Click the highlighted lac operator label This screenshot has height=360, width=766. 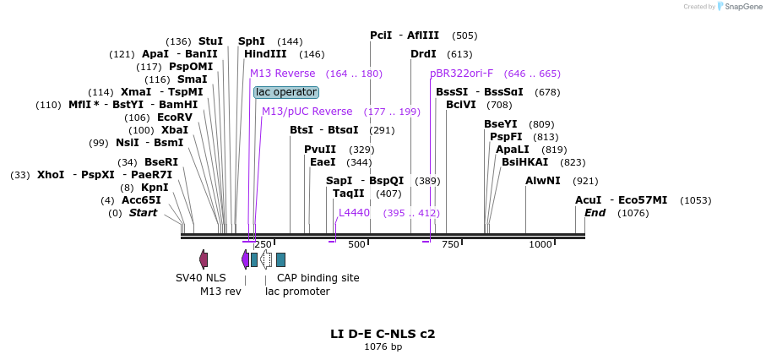(286, 92)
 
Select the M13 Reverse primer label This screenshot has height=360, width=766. (282, 74)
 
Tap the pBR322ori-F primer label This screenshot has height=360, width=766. (461, 74)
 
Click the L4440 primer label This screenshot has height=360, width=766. (354, 213)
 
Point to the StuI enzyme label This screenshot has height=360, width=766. (210, 41)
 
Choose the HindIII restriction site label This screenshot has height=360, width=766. (265, 54)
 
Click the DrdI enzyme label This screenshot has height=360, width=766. (423, 54)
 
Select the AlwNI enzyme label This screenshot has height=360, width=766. (542, 181)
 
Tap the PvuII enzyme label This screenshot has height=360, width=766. (320, 150)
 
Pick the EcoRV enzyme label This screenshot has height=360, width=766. (175, 117)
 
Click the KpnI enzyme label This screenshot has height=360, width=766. (155, 188)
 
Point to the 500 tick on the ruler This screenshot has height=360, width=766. (356, 245)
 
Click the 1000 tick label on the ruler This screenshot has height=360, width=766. (541, 245)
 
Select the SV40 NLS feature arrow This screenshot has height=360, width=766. (204, 259)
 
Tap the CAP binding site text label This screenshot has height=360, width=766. (318, 277)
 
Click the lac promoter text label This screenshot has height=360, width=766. (297, 292)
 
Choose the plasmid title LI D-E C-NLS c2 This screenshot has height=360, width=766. (383, 334)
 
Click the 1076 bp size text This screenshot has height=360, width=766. (383, 346)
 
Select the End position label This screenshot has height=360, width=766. (595, 213)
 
